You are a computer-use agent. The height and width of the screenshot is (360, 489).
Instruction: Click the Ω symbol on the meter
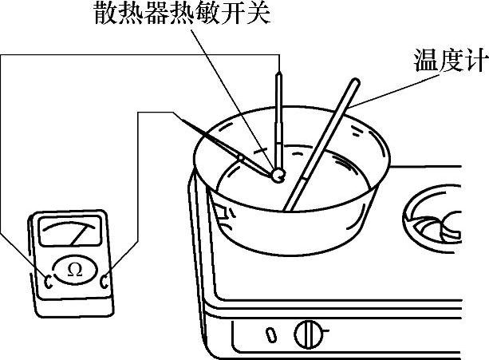[x=74, y=271]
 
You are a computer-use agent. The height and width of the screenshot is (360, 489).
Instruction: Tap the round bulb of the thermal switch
[x=278, y=172]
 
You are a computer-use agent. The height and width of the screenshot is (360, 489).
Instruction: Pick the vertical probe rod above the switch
[x=278, y=112]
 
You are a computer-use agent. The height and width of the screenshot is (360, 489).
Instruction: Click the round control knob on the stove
[x=306, y=333]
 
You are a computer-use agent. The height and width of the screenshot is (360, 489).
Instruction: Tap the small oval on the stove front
[x=271, y=331]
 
